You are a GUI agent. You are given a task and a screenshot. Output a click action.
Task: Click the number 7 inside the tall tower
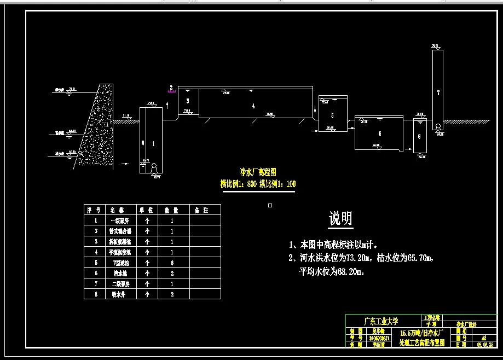point(438,93)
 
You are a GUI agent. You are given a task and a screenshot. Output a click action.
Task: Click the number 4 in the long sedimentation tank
point(253,107)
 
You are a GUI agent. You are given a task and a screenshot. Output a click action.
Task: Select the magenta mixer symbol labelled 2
point(171,91)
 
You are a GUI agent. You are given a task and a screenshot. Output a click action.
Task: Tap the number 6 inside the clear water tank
point(380,133)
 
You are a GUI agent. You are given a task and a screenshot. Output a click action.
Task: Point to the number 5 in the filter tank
point(332,116)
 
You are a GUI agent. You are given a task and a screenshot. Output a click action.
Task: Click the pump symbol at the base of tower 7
point(437,127)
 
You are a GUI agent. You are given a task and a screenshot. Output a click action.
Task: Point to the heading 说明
point(340,219)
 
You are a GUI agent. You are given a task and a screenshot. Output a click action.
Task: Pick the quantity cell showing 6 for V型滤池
point(172,263)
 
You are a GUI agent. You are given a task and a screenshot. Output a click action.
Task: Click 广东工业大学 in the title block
point(381,321)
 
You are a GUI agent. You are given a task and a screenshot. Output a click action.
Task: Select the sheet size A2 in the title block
point(482,338)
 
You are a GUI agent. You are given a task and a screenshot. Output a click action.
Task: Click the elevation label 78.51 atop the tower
point(436,45)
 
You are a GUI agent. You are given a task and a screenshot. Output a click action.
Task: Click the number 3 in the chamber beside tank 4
point(188,101)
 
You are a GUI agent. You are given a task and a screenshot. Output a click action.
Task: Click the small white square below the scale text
point(270,206)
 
